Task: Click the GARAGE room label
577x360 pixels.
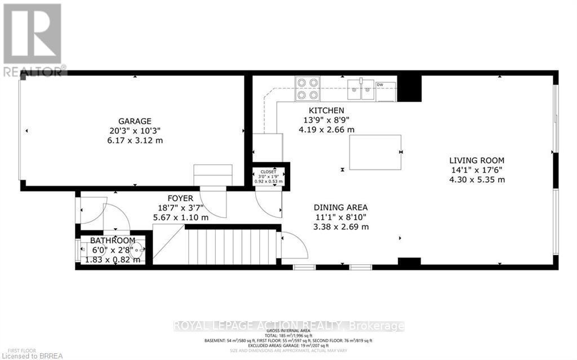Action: (x=134, y=121)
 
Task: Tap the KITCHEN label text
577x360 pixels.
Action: (x=326, y=110)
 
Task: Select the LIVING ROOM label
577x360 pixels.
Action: (x=476, y=161)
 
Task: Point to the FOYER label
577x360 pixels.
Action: (x=180, y=198)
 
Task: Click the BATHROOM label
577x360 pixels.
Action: (x=113, y=241)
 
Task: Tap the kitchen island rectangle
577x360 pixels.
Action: (x=375, y=152)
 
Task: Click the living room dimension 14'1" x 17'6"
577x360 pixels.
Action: (x=476, y=170)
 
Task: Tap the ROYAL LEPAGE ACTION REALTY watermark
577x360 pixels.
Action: (x=288, y=326)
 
